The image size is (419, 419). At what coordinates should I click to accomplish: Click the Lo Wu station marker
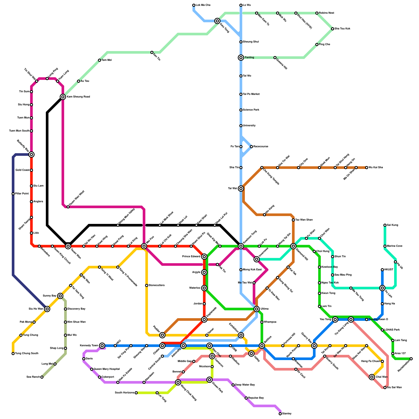click(x=241, y=5)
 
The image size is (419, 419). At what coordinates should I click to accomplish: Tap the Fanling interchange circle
click(x=241, y=58)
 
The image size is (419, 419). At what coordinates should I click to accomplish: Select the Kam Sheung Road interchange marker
click(x=63, y=97)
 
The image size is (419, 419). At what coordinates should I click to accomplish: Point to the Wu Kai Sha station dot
click(x=367, y=168)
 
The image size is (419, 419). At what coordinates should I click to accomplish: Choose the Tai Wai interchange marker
click(x=241, y=189)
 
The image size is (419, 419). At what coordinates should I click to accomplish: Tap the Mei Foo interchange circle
click(x=144, y=246)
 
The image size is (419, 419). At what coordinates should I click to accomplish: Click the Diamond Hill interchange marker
click(x=293, y=246)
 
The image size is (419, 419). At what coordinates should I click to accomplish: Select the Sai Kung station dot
click(x=385, y=225)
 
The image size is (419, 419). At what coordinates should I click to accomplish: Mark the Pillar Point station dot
click(x=13, y=194)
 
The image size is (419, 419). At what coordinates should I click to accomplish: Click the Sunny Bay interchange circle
click(x=60, y=296)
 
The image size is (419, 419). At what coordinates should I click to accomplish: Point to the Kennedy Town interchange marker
click(x=102, y=346)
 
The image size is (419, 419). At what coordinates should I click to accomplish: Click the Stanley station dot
click(x=280, y=414)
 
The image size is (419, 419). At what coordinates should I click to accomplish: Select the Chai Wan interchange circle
click(x=372, y=377)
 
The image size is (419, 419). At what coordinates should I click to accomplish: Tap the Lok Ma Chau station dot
click(x=194, y=5)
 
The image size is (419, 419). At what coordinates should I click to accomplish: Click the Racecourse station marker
click(x=251, y=147)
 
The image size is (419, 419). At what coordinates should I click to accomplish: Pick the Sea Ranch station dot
click(x=42, y=377)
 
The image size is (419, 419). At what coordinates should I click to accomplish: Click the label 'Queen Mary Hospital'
click(x=107, y=369)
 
